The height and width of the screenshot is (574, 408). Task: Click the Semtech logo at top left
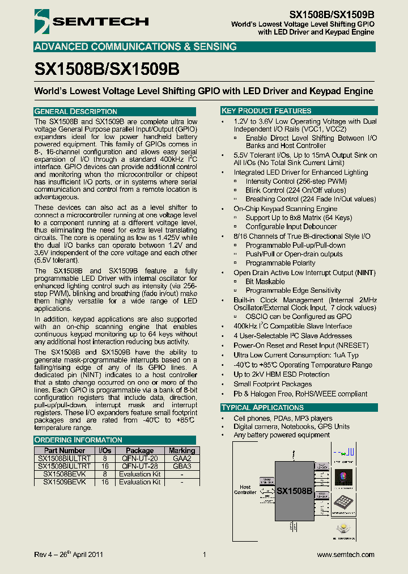click(91, 22)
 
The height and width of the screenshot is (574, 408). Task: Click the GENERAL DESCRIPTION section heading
click(76, 111)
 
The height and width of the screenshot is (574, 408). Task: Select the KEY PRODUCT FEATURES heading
click(266, 111)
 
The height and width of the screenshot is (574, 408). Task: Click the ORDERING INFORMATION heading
click(78, 440)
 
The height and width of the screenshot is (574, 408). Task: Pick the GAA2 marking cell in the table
click(182, 458)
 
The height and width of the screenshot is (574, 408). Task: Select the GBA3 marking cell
click(182, 466)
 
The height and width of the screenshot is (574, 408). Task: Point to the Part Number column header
click(65, 450)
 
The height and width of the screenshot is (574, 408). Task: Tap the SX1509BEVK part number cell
click(65, 482)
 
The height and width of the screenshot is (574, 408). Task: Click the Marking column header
click(182, 450)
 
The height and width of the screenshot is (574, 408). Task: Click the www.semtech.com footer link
click(346, 555)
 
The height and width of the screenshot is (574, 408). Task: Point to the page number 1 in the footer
click(204, 555)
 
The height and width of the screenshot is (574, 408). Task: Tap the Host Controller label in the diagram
click(245, 489)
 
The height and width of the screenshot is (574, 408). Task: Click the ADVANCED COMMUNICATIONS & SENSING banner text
click(135, 47)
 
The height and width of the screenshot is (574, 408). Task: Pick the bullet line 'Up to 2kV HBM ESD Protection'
click(282, 374)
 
